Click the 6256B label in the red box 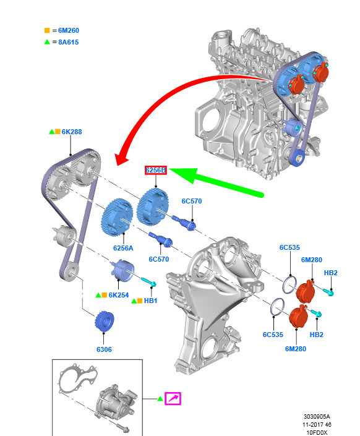(x=155, y=170)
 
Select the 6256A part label (x=123, y=248)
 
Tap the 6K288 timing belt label (x=72, y=132)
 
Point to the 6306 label (x=104, y=349)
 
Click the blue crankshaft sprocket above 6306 (x=105, y=321)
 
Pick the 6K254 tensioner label (x=119, y=295)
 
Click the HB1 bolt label (x=150, y=301)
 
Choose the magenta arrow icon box (x=173, y=398)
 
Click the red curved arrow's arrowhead (x=121, y=158)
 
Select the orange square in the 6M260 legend (x=47, y=30)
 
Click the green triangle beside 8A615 (x=47, y=41)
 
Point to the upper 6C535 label (x=289, y=247)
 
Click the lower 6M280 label (x=296, y=349)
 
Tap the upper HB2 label (x=330, y=273)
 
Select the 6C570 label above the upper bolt (x=192, y=201)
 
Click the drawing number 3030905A (x=317, y=417)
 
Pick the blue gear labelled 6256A (x=116, y=218)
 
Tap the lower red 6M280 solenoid (x=299, y=317)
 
